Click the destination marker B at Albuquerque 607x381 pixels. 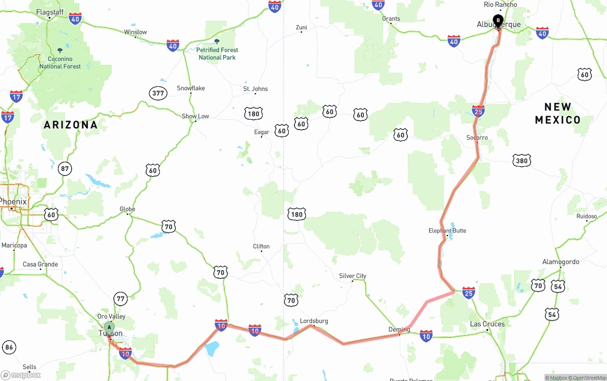pos(498,21)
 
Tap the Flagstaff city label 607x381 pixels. pos(50,12)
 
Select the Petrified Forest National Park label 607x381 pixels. pos(217,54)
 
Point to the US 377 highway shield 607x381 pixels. pos(158,93)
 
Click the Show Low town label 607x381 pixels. pos(195,116)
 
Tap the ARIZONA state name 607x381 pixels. pos(71,125)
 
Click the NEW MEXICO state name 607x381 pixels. pos(558,113)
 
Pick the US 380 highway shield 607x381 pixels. pos(522,161)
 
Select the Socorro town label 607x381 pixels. pos(477,138)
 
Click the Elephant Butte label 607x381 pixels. pos(447,231)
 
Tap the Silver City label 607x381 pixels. pos(352,276)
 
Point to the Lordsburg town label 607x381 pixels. pos(314,321)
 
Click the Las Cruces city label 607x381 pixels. pos(487,324)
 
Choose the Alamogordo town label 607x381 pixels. pos(561,262)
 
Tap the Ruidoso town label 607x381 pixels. pos(587,216)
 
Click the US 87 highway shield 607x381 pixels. pos(65,168)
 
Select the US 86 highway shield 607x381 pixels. pos(9,347)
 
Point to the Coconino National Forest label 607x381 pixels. pos(60,63)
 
